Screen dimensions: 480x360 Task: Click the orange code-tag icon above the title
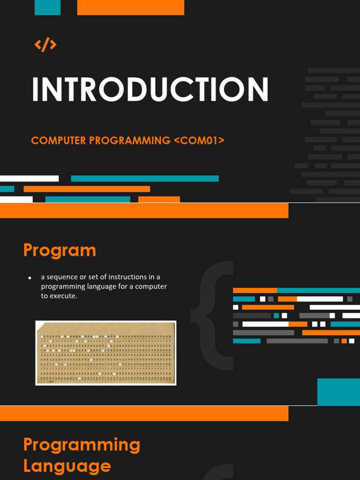(x=45, y=45)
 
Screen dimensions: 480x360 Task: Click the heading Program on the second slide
(x=60, y=250)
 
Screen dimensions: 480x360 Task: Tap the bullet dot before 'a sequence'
(x=30, y=278)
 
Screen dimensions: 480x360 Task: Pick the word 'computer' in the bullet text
(x=151, y=286)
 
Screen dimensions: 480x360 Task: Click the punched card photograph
(x=106, y=353)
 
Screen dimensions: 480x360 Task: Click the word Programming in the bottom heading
(x=82, y=444)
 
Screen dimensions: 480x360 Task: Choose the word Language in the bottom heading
(x=67, y=466)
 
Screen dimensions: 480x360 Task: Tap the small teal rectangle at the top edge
(x=47, y=7)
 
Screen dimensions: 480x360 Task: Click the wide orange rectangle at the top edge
(x=130, y=7)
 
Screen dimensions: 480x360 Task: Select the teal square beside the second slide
(x=338, y=392)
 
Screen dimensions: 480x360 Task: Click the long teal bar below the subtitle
(x=144, y=179)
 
